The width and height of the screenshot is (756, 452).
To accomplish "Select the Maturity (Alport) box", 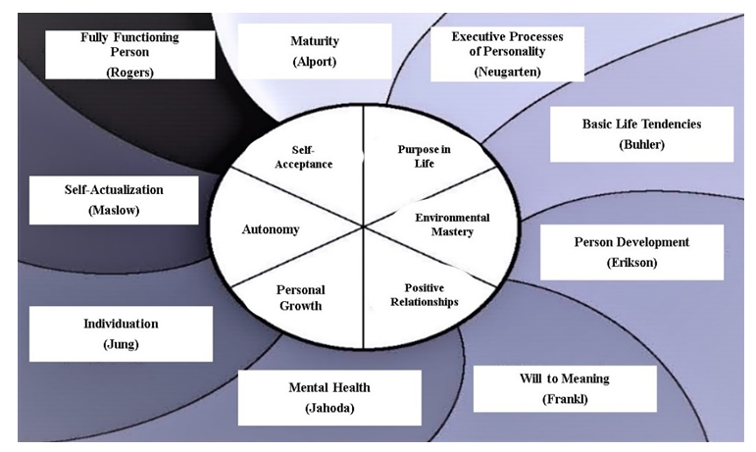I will tap(314, 51).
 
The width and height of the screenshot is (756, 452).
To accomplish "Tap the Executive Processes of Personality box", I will tap(507, 54).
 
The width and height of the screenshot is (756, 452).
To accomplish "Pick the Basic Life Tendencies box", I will tap(629, 133).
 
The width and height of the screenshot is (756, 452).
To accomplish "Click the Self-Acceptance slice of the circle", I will tap(303, 157).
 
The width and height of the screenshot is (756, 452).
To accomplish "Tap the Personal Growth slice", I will tap(300, 295).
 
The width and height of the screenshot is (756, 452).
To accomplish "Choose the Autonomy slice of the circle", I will tap(270, 229).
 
